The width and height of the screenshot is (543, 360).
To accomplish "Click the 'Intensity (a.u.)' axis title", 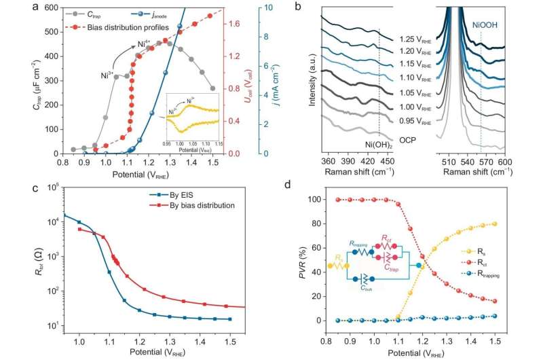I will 310,78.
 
